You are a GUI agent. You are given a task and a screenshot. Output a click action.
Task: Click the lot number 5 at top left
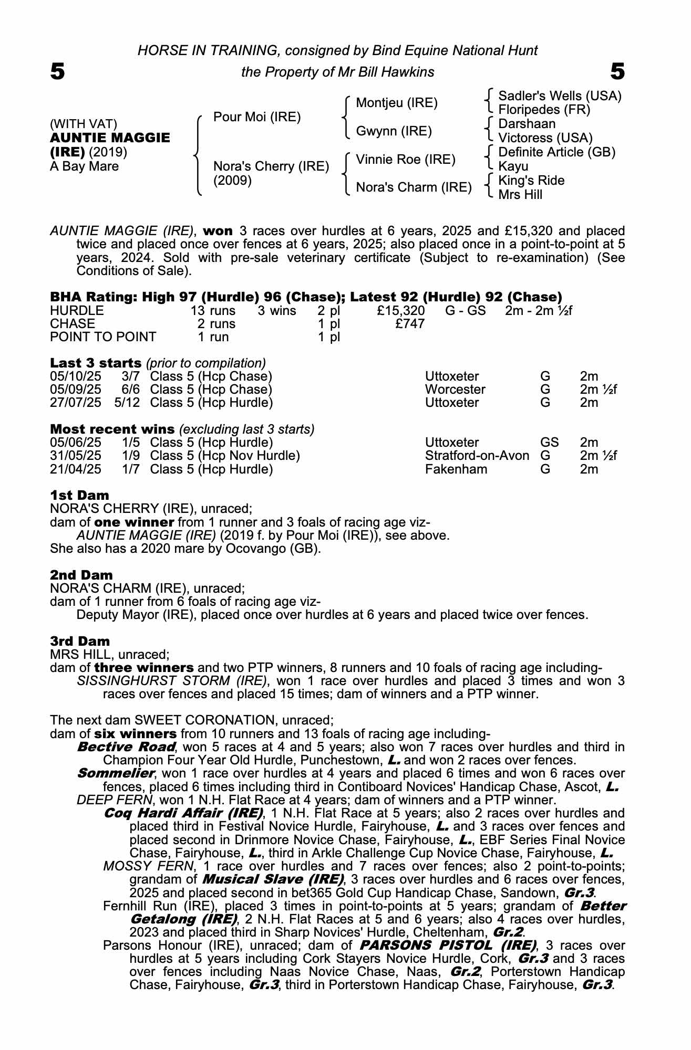click(57, 71)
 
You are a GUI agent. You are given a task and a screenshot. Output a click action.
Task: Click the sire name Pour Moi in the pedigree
click(257, 117)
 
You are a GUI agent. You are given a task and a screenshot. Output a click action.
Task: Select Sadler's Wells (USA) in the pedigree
click(559, 96)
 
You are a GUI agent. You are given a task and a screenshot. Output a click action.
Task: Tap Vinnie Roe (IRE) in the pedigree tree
click(405, 160)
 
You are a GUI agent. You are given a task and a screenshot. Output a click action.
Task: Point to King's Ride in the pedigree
click(531, 181)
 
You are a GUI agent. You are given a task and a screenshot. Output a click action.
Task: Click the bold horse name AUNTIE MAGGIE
click(110, 138)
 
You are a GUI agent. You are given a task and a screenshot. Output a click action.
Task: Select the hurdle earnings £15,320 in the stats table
click(401, 311)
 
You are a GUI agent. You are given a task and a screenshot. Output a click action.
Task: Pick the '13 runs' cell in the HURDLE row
click(213, 311)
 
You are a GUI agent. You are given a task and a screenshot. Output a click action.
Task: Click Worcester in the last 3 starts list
click(455, 390)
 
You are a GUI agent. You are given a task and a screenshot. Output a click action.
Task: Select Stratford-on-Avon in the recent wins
click(477, 456)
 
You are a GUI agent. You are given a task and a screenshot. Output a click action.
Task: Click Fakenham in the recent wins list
click(456, 469)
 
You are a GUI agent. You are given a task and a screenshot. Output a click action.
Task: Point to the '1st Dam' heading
click(80, 496)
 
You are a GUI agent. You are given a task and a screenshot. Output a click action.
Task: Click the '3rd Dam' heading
click(80, 641)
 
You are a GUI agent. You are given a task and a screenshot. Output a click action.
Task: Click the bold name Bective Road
click(126, 747)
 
